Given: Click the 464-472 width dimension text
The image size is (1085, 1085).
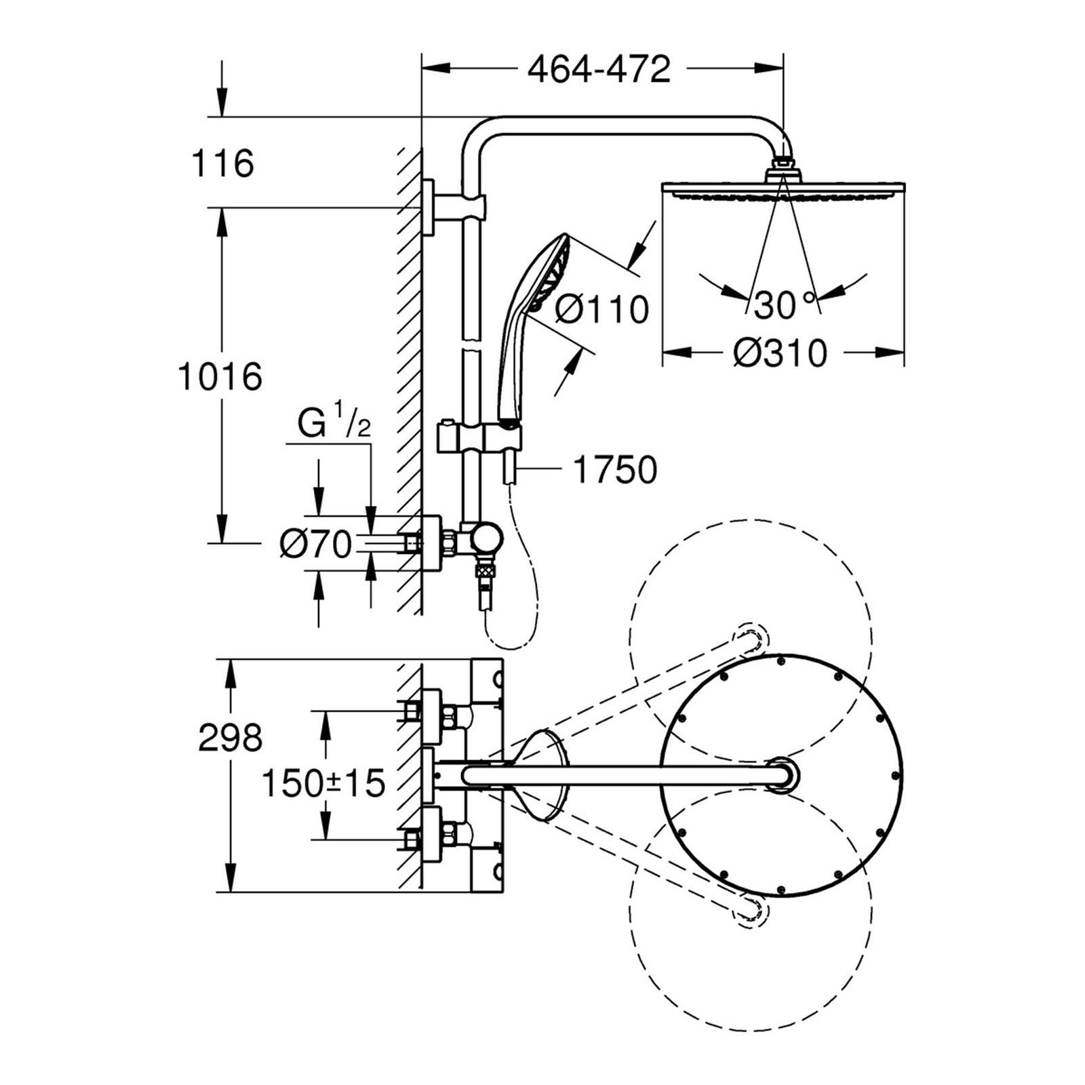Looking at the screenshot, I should (x=599, y=69).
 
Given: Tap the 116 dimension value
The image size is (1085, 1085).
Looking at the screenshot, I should (x=222, y=163).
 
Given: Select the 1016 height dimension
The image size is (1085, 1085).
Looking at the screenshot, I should (x=219, y=376).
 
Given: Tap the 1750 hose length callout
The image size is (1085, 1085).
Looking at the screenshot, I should (x=615, y=469).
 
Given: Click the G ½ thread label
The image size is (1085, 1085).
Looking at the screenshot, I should (x=334, y=425).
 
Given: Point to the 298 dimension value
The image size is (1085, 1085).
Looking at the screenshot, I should (x=230, y=737).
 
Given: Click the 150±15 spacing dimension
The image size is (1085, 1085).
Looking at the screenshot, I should (x=323, y=784).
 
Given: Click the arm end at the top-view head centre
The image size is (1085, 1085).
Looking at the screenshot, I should (x=783, y=774).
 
